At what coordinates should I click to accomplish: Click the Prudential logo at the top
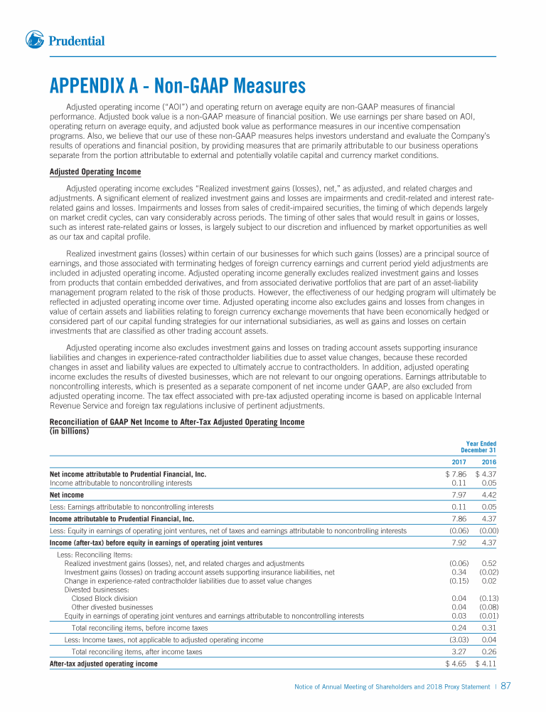(x=65, y=41)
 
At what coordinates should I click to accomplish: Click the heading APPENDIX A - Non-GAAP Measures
(x=177, y=87)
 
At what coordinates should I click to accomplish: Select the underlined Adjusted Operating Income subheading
(x=95, y=172)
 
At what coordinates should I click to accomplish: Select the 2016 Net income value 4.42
(x=488, y=495)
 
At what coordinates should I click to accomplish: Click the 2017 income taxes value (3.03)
(x=457, y=639)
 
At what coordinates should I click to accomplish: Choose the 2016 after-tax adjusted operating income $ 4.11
(x=486, y=664)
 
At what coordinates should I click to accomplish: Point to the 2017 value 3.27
(x=459, y=651)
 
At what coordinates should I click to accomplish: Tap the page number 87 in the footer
(x=506, y=686)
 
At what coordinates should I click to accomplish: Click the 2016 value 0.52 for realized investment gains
(x=489, y=563)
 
